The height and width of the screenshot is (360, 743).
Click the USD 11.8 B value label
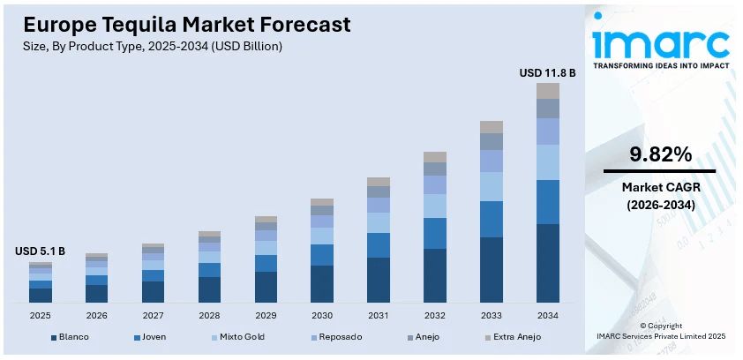(547, 72)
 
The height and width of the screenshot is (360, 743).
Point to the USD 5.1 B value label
(41, 251)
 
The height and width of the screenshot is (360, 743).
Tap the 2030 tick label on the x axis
(322, 315)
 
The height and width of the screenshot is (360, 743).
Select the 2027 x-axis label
(153, 315)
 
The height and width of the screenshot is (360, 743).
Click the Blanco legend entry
(70, 336)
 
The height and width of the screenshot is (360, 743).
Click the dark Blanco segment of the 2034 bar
(548, 263)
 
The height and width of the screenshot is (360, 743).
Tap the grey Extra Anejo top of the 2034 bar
(548, 91)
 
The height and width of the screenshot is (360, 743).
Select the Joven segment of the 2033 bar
(492, 219)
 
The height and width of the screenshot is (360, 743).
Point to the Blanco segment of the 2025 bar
(41, 295)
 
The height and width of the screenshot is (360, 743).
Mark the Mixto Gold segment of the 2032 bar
(435, 206)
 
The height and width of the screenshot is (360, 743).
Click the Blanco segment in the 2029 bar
(266, 287)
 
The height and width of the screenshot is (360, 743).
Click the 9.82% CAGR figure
(659, 154)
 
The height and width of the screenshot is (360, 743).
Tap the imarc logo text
(660, 41)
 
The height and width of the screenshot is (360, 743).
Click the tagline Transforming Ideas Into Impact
(660, 66)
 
